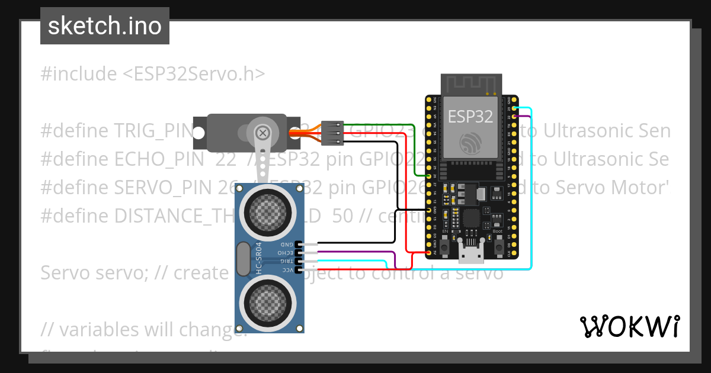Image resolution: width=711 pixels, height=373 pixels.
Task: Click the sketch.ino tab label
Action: pyautogui.click(x=104, y=26)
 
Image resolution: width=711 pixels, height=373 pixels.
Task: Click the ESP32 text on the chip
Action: pyautogui.click(x=470, y=116)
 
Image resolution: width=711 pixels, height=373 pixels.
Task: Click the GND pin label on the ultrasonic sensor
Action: pyautogui.click(x=286, y=244)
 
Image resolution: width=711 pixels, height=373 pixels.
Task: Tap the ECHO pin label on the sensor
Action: pyautogui.click(x=286, y=252)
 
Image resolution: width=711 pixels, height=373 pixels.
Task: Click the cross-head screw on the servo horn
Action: pyautogui.click(x=263, y=131)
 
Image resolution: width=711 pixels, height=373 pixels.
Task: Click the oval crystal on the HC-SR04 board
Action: pyautogui.click(x=242, y=259)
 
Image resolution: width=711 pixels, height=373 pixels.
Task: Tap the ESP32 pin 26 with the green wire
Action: pyautogui.click(x=429, y=176)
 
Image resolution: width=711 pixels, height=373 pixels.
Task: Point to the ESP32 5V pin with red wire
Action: pyautogui.click(x=429, y=253)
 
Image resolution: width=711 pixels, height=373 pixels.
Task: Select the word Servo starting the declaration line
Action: pyautogui.click(x=64, y=273)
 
